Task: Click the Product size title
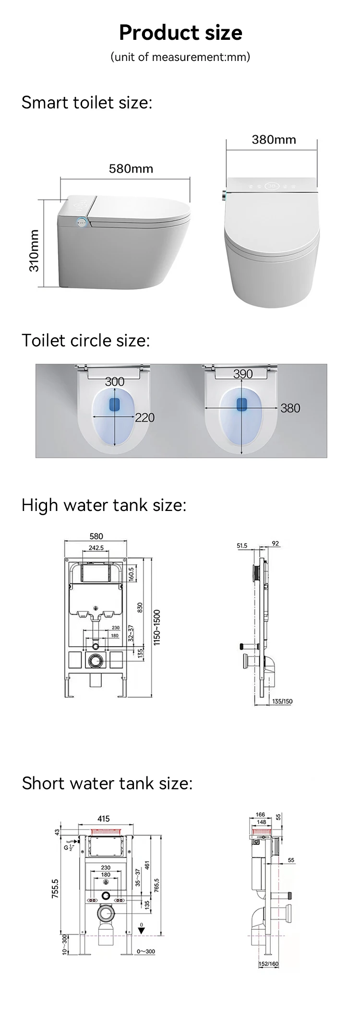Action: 180,33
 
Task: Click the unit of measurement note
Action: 180,57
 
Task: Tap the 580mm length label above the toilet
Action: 131,169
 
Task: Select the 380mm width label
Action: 274,140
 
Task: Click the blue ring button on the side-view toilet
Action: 82,222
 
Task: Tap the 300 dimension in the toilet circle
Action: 114,381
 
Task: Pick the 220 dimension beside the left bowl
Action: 144,417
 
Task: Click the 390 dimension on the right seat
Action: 243,374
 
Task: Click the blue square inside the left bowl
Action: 115,404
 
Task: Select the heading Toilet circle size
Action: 86,341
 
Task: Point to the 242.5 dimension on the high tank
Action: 96,547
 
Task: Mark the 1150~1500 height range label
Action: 157,628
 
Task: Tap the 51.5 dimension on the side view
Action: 242,546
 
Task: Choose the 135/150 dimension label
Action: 282,701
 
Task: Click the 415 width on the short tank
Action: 104,819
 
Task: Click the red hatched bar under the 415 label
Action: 104,831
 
